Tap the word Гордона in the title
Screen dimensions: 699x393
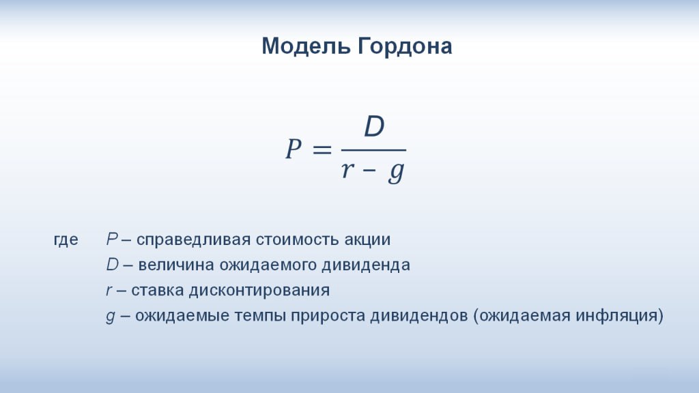[x=405, y=46]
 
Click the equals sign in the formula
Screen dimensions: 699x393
[x=322, y=149]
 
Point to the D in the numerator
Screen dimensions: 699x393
[x=374, y=126]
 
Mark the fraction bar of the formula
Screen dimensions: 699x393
[x=373, y=150]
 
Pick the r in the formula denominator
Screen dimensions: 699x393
[x=347, y=169]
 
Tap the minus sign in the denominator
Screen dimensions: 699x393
[x=369, y=170]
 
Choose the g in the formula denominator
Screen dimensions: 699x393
[x=397, y=172]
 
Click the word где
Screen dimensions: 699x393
[x=66, y=239]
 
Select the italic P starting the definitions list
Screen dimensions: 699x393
[x=112, y=239]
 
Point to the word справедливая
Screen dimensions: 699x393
[x=193, y=239]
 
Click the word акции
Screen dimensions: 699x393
[x=367, y=240]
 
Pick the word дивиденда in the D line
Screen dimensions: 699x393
[x=366, y=265]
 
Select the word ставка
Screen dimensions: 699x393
[x=158, y=291]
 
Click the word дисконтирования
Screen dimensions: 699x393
[x=259, y=291]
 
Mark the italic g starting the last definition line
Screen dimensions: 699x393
[x=111, y=317]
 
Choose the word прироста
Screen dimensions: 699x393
[x=328, y=316]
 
